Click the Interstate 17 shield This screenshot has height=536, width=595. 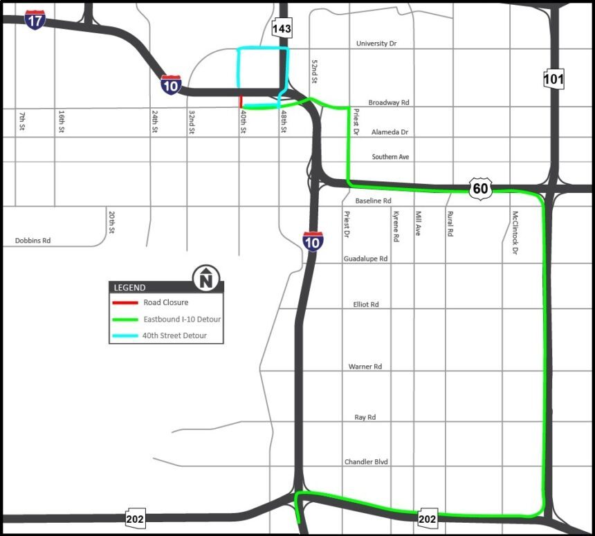35,19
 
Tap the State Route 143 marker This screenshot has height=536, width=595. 282,28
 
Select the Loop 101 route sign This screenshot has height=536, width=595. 553,79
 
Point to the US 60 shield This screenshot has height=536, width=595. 480,187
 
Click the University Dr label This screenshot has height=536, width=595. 376,44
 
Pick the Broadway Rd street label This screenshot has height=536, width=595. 389,102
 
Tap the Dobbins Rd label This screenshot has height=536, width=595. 33,241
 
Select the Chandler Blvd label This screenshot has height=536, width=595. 367,462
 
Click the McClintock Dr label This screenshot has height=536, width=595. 515,233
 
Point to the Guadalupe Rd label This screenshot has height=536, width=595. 366,259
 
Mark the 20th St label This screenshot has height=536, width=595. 111,223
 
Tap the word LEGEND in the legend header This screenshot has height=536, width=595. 130,288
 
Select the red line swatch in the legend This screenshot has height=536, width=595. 125,303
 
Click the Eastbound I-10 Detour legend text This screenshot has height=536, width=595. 182,320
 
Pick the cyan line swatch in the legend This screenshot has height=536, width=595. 125,336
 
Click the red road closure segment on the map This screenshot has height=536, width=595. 240,102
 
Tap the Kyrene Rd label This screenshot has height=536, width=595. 396,226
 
